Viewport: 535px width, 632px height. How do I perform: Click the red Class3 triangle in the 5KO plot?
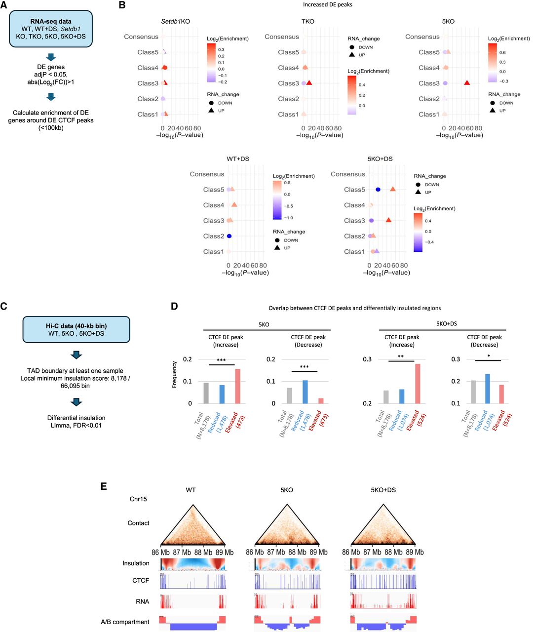467,83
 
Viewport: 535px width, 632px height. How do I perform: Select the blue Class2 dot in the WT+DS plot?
229,236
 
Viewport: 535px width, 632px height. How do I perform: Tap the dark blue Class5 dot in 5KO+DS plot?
378,190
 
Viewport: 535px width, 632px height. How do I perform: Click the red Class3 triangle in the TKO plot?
309,83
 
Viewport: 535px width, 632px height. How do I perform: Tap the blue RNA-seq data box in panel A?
51,29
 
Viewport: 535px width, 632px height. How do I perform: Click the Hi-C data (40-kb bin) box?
76,329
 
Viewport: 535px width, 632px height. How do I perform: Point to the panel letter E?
104,486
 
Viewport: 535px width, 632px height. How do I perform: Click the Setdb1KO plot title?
175,22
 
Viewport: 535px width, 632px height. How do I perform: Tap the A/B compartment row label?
125,622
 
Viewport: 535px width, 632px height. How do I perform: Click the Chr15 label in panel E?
138,499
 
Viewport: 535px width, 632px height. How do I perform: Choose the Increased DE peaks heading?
328,5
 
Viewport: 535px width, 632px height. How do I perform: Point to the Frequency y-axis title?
174,374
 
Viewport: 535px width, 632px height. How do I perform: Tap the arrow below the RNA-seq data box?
51,57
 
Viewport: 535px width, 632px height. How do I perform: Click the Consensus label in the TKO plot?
282,37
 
